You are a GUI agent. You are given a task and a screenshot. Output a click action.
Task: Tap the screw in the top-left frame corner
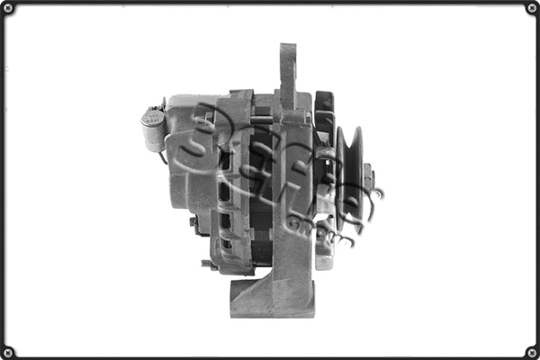(9, 9)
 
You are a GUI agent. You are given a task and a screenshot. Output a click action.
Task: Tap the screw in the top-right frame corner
(531, 9)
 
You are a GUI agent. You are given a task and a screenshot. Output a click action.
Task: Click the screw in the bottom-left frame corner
(9, 351)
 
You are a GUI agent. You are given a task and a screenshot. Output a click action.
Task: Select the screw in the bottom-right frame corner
(531, 351)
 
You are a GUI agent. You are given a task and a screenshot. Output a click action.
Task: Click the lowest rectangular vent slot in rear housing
(226, 243)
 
